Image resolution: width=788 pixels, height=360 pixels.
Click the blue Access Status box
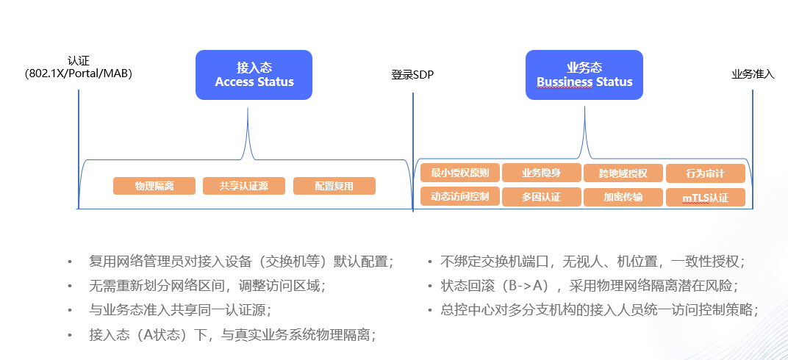click(254, 74)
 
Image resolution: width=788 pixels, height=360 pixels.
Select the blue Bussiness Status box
click(584, 74)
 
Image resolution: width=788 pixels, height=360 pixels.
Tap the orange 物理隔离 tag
click(154, 186)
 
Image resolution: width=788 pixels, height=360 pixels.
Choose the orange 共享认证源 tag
click(244, 186)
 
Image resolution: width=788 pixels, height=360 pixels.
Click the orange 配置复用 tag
click(334, 186)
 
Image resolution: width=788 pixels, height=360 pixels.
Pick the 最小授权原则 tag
click(460, 173)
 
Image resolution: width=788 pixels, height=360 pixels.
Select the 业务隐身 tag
click(541, 173)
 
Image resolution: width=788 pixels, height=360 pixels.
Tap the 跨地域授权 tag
click(623, 173)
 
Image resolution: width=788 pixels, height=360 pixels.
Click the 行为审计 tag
click(705, 173)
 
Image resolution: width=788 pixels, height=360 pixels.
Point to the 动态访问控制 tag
click(460, 197)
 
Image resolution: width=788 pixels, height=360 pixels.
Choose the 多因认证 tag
click(541, 197)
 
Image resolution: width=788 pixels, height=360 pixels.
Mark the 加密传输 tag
click(623, 197)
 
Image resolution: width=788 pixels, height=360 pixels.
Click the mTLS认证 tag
click(705, 198)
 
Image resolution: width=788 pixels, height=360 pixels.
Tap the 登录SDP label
click(412, 74)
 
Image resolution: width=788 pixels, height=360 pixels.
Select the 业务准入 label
click(752, 74)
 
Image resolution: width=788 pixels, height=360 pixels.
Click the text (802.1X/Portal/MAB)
click(79, 73)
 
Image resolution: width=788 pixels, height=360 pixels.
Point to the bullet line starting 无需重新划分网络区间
click(207, 286)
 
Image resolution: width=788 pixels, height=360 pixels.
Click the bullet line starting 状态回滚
click(589, 286)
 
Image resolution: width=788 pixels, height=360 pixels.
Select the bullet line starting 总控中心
click(599, 310)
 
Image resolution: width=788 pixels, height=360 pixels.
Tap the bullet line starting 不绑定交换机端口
click(592, 262)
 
